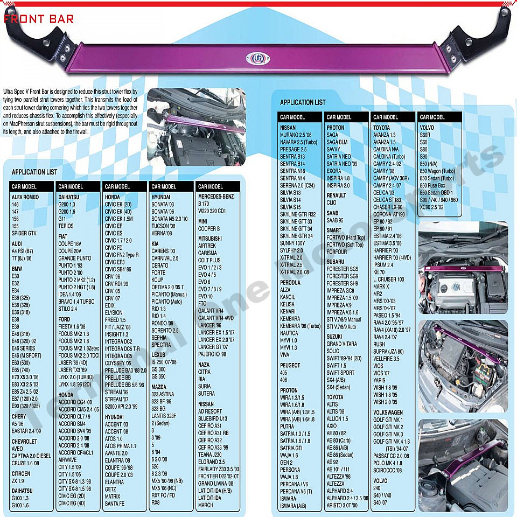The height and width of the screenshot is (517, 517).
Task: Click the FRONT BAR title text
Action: (38, 19)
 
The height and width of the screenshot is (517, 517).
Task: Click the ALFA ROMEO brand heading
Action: (25, 197)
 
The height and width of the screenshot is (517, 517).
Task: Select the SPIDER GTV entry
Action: (24, 233)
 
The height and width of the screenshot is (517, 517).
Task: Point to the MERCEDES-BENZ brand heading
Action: (216, 197)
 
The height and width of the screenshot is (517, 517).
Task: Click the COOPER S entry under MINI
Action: (209, 229)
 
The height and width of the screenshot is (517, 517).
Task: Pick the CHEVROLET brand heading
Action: (24, 441)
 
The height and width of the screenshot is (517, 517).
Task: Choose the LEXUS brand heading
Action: (159, 355)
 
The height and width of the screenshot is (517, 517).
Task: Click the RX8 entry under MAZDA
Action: (156, 503)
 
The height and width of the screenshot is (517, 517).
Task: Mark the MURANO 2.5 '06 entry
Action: (296, 135)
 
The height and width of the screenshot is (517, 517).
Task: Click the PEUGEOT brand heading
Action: (291, 365)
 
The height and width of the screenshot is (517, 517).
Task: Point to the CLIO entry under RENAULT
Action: (332, 203)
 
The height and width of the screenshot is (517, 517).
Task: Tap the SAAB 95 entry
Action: (335, 220)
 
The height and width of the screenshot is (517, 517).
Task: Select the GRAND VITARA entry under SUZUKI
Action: (341, 344)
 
